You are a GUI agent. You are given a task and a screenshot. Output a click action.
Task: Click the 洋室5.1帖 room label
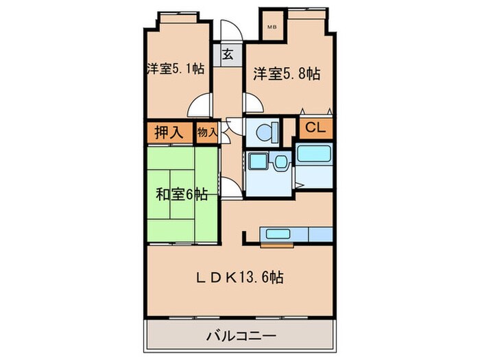175,69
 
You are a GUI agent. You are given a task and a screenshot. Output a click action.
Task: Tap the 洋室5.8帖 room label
287,73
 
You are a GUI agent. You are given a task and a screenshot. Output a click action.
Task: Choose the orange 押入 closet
168,132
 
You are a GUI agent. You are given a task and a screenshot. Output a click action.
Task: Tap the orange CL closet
315,127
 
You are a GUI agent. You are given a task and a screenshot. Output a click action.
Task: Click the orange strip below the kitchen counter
276,243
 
